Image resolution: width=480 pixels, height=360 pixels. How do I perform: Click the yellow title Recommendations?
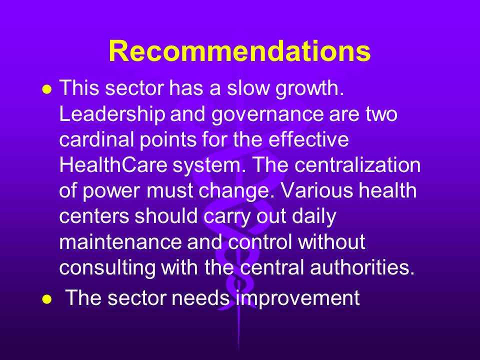pyautogui.click(x=239, y=51)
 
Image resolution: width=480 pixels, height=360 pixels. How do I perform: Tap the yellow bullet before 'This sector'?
pyautogui.click(x=47, y=89)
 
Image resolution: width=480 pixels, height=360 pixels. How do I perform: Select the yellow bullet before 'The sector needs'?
pyautogui.click(x=47, y=299)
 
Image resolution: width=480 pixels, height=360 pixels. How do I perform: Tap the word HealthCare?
pyautogui.click(x=113, y=165)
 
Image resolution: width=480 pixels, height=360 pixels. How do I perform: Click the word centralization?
pyautogui.click(x=357, y=165)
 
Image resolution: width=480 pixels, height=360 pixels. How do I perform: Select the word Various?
pyautogui.click(x=317, y=190)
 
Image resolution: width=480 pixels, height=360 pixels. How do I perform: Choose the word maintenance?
pyautogui.click(x=120, y=242)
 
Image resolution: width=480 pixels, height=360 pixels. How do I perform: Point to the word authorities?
pyautogui.click(x=362, y=267)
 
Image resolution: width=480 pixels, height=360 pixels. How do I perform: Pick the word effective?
pyautogui.click(x=308, y=139)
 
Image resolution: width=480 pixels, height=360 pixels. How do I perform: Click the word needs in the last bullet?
pyautogui.click(x=200, y=297)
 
